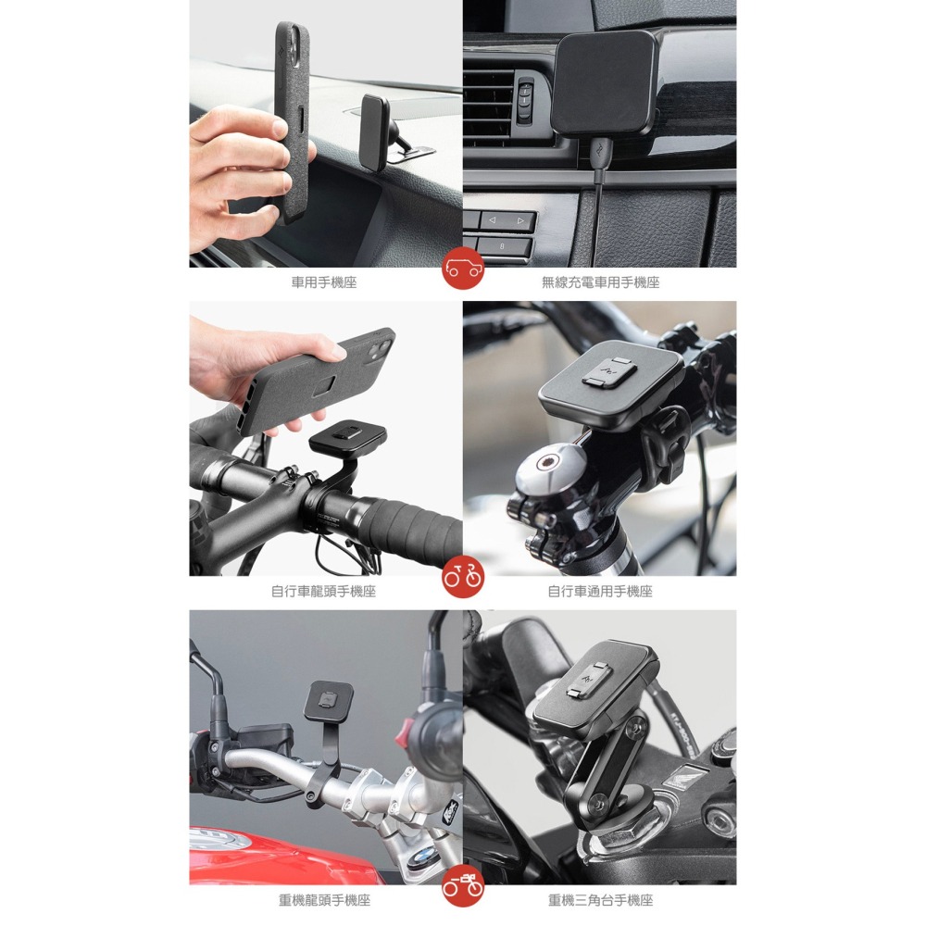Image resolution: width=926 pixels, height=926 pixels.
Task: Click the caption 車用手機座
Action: [x=323, y=282]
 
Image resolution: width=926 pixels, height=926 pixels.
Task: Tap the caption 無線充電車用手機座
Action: [x=600, y=282]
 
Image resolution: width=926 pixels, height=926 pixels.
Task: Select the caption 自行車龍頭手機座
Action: [x=323, y=591]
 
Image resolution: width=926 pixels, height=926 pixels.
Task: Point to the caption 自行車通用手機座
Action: [x=600, y=591]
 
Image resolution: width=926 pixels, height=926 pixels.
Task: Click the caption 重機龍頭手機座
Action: [x=324, y=900]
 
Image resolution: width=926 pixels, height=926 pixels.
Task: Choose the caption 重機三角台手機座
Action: [x=600, y=900]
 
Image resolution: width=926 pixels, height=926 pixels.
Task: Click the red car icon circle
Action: [x=463, y=269]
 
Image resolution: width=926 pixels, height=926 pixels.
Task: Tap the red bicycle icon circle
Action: [x=463, y=577]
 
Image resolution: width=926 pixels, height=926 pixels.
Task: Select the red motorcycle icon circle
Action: [x=463, y=886]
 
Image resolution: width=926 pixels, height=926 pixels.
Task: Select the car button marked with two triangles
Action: [x=507, y=221]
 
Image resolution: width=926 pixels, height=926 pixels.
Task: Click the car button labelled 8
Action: [x=503, y=246]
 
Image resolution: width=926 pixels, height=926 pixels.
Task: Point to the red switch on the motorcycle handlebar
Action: [x=404, y=732]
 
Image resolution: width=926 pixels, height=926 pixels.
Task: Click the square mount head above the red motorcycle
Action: [x=329, y=700]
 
